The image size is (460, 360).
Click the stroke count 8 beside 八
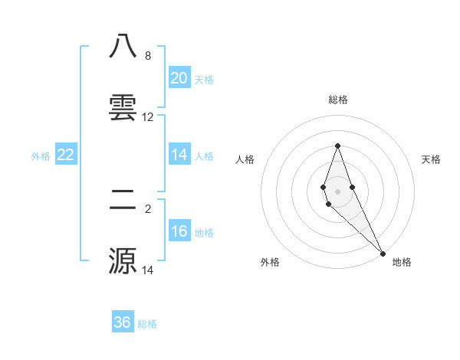[147, 56]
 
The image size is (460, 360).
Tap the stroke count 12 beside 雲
[148, 117]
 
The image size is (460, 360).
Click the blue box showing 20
[179, 78]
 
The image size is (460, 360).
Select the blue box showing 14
[179, 155]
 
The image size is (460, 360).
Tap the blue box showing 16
[179, 231]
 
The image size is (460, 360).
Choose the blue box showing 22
[65, 155]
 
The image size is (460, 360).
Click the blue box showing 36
[123, 322]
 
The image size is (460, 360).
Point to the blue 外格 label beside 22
[41, 156]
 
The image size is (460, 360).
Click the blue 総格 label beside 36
[147, 324]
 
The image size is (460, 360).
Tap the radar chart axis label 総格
[337, 100]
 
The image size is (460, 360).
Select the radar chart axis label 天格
[432, 159]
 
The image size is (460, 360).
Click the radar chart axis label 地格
[402, 262]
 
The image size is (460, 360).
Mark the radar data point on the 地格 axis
[383, 253]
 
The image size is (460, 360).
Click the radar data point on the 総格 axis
[337, 146]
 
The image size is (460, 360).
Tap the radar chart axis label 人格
[245, 159]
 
